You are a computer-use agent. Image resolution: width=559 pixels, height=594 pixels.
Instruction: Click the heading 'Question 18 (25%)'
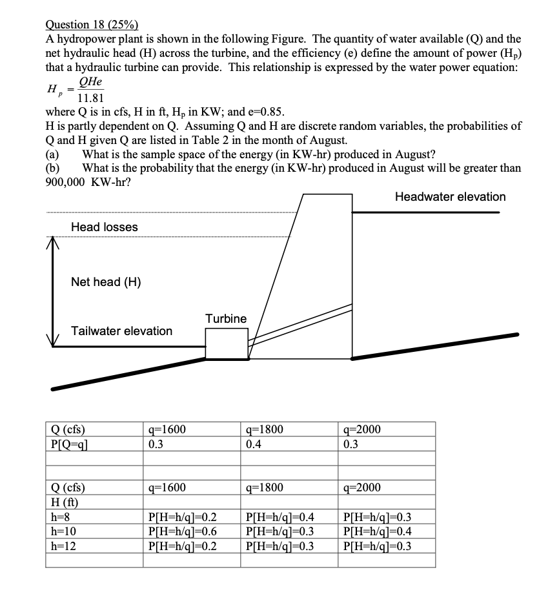(91, 25)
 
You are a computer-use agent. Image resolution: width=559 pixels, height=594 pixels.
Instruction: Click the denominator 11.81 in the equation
(90, 99)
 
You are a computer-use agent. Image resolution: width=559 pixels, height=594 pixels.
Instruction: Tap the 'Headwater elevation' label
(450, 197)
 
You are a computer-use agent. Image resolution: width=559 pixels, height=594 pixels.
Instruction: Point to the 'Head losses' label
(104, 227)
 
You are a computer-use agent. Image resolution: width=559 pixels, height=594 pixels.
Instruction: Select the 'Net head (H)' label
(106, 282)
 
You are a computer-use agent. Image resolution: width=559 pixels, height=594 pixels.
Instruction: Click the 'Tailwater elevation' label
(121, 331)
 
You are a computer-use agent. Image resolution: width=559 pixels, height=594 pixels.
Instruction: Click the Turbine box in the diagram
(226, 343)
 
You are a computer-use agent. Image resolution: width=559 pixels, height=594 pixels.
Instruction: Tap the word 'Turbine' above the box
(226, 319)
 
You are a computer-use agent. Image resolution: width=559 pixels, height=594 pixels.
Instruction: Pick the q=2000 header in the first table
(363, 431)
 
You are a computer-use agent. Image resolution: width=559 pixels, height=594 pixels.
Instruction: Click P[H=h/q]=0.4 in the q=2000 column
(379, 532)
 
